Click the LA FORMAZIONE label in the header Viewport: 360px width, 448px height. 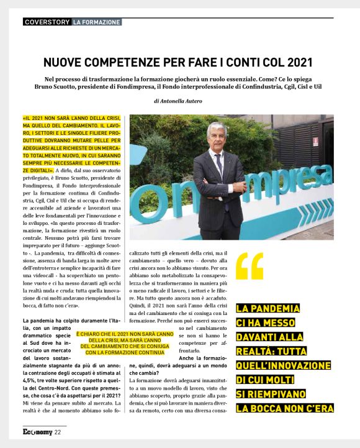(x=96, y=22)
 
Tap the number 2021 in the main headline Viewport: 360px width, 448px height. (x=297, y=63)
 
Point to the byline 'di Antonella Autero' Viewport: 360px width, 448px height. (x=180, y=100)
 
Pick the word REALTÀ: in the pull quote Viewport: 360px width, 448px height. (x=259, y=352)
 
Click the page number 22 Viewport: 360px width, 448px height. (x=57, y=432)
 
